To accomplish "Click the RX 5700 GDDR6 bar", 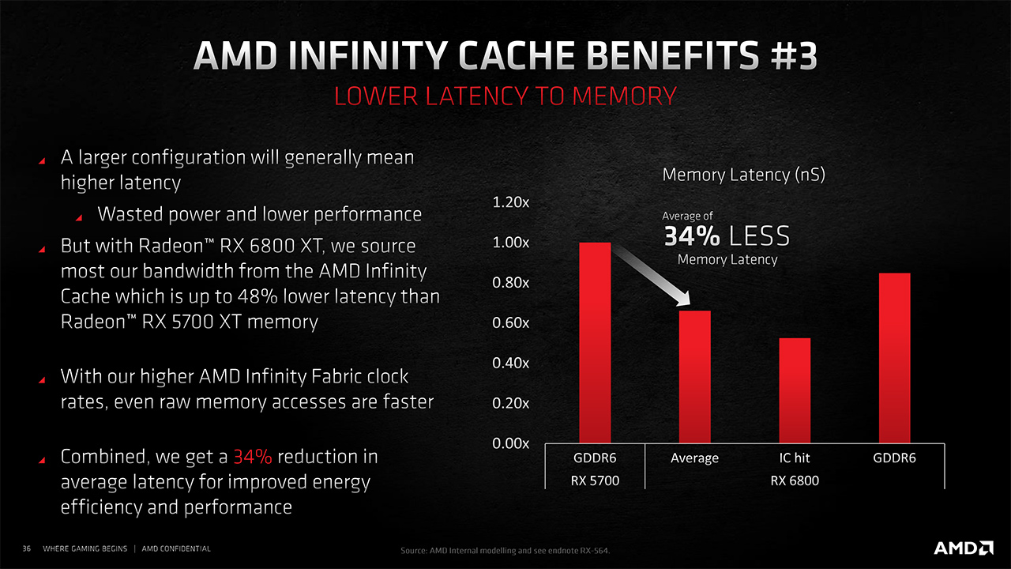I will pyautogui.click(x=595, y=342).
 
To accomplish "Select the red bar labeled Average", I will pyautogui.click(x=695, y=376).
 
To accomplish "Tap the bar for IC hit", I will pyautogui.click(x=795, y=390).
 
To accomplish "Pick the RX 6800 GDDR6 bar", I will pyautogui.click(x=894, y=357).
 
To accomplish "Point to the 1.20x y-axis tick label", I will pyautogui.click(x=510, y=202).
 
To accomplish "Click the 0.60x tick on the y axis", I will pyautogui.click(x=510, y=322).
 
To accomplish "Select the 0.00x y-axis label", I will pyautogui.click(x=510, y=443).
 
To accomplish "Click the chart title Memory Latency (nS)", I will pyautogui.click(x=743, y=175).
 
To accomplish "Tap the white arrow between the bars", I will pyautogui.click(x=652, y=276).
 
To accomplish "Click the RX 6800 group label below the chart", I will pyautogui.click(x=795, y=480).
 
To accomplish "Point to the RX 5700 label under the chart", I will pyautogui.click(x=595, y=480).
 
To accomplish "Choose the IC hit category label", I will pyautogui.click(x=795, y=458).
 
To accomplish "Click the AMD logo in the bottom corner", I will pyautogui.click(x=964, y=548).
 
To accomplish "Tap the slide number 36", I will pyautogui.click(x=26, y=548).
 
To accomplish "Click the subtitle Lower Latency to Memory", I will pyautogui.click(x=505, y=96).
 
